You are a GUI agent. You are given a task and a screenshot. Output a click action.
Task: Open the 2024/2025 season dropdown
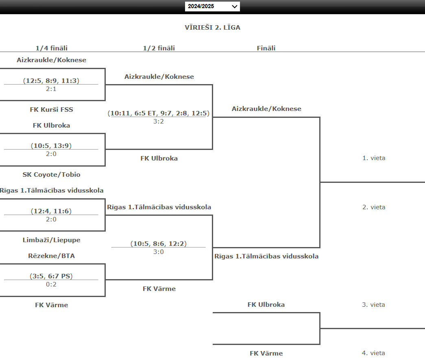(212, 7)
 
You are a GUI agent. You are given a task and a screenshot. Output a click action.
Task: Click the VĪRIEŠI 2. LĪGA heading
(212, 28)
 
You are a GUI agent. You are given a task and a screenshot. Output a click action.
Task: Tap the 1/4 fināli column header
(52, 48)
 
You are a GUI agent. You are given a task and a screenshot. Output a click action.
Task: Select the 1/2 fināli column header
(159, 48)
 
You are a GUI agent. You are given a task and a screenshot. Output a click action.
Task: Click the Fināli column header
(266, 48)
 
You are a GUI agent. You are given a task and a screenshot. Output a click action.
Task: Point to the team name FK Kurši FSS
(52, 109)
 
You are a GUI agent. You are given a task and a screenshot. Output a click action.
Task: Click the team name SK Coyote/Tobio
(52, 175)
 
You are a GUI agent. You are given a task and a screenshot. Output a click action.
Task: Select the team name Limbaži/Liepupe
(52, 240)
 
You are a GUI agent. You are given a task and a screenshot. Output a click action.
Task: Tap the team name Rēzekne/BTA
(52, 256)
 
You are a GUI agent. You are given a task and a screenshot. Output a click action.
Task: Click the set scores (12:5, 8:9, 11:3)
(51, 80)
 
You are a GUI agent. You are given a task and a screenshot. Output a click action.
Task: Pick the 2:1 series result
(51, 89)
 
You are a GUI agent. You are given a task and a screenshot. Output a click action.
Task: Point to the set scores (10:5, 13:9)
(51, 146)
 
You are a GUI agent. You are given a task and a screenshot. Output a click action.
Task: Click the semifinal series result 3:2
(159, 121)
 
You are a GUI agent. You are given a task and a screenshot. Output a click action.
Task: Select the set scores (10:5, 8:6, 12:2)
(159, 244)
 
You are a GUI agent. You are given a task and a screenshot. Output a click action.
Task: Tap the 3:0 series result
(159, 252)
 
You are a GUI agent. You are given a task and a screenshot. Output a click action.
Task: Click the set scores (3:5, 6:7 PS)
(51, 276)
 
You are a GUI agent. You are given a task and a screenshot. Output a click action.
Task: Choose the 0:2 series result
(51, 284)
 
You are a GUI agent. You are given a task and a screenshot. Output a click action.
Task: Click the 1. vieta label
(374, 158)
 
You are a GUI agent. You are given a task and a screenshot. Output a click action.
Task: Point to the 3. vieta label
(374, 305)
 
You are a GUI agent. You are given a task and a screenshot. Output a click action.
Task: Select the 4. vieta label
(374, 353)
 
